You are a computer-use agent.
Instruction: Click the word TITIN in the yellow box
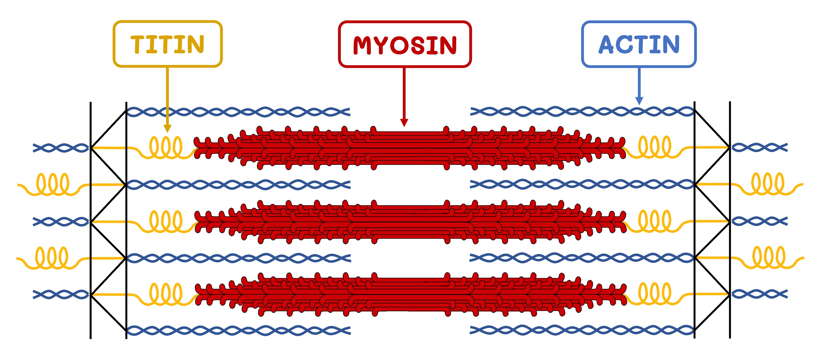tap(167, 44)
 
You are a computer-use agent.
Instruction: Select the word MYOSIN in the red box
tap(405, 45)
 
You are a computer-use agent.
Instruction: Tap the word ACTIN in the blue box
tap(639, 44)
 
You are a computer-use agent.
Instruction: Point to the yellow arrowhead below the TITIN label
tap(167, 128)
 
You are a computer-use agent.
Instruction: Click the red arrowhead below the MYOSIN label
tap(404, 123)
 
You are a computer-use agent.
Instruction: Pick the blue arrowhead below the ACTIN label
tap(639, 101)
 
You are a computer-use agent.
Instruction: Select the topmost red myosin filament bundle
tap(410, 148)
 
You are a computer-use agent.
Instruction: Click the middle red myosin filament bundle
tap(410, 222)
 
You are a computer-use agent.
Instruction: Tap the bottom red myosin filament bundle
tap(410, 294)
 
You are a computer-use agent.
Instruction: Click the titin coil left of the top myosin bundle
tap(166, 147)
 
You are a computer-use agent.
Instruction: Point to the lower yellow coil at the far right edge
tap(769, 257)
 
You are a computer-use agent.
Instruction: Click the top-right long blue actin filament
tap(582, 112)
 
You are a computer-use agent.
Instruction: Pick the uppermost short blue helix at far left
tap(61, 148)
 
